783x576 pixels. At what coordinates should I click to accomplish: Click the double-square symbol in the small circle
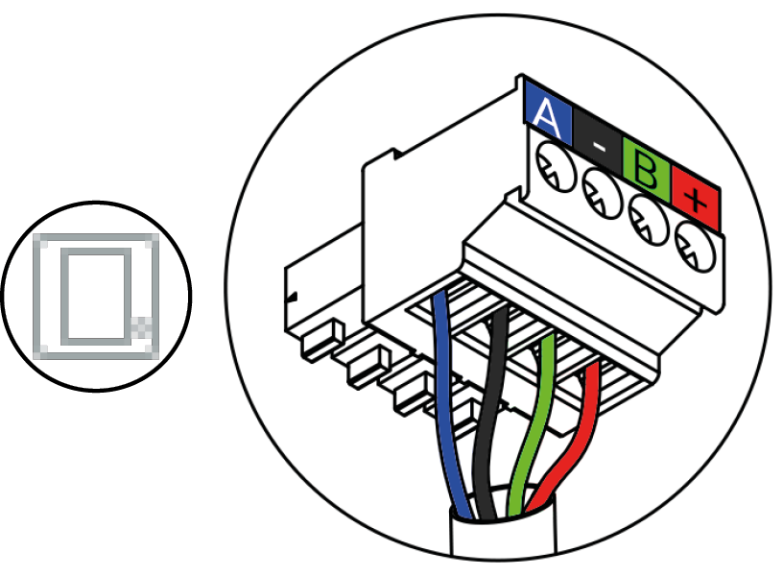point(93,295)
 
